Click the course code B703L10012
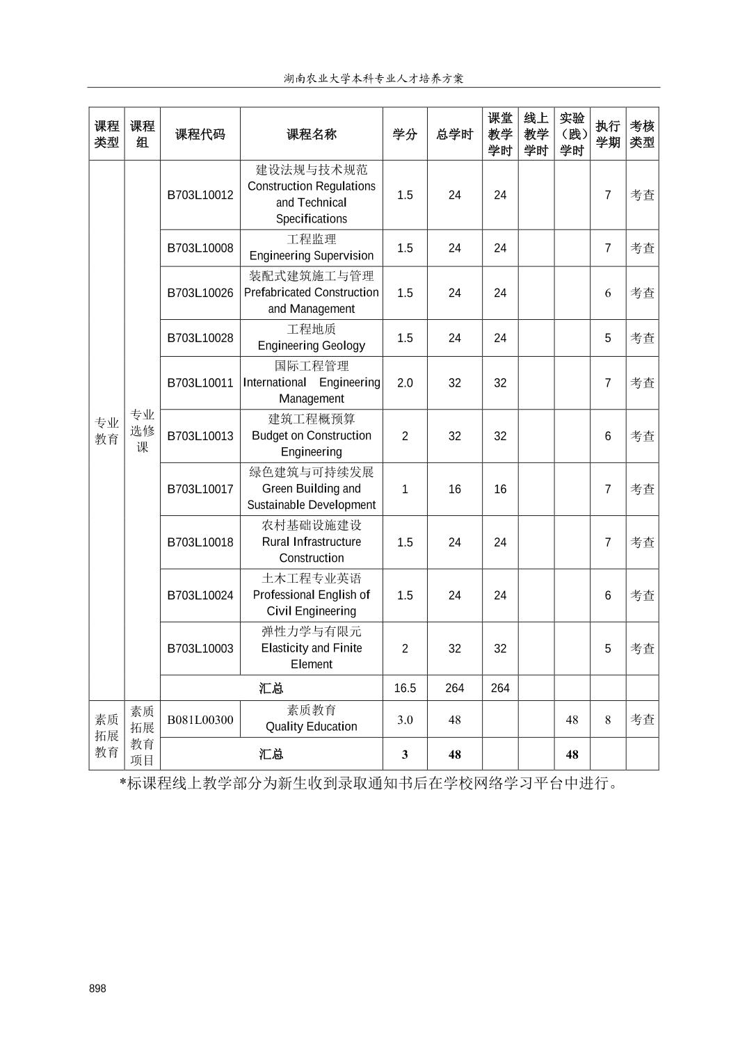200,195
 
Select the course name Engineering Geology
311,338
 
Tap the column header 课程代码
200,134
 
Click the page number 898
97,988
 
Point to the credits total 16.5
405,688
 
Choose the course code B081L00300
200,720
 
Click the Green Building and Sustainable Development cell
311,489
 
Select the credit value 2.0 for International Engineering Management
405,383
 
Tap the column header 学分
405,134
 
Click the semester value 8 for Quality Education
608,720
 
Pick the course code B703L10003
200,649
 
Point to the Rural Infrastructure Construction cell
311,542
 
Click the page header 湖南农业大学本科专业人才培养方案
373,79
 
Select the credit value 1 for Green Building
405,489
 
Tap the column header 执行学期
608,134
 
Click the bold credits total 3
405,755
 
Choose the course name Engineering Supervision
311,248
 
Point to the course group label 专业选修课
143,431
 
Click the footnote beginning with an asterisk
369,784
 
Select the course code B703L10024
200,595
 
